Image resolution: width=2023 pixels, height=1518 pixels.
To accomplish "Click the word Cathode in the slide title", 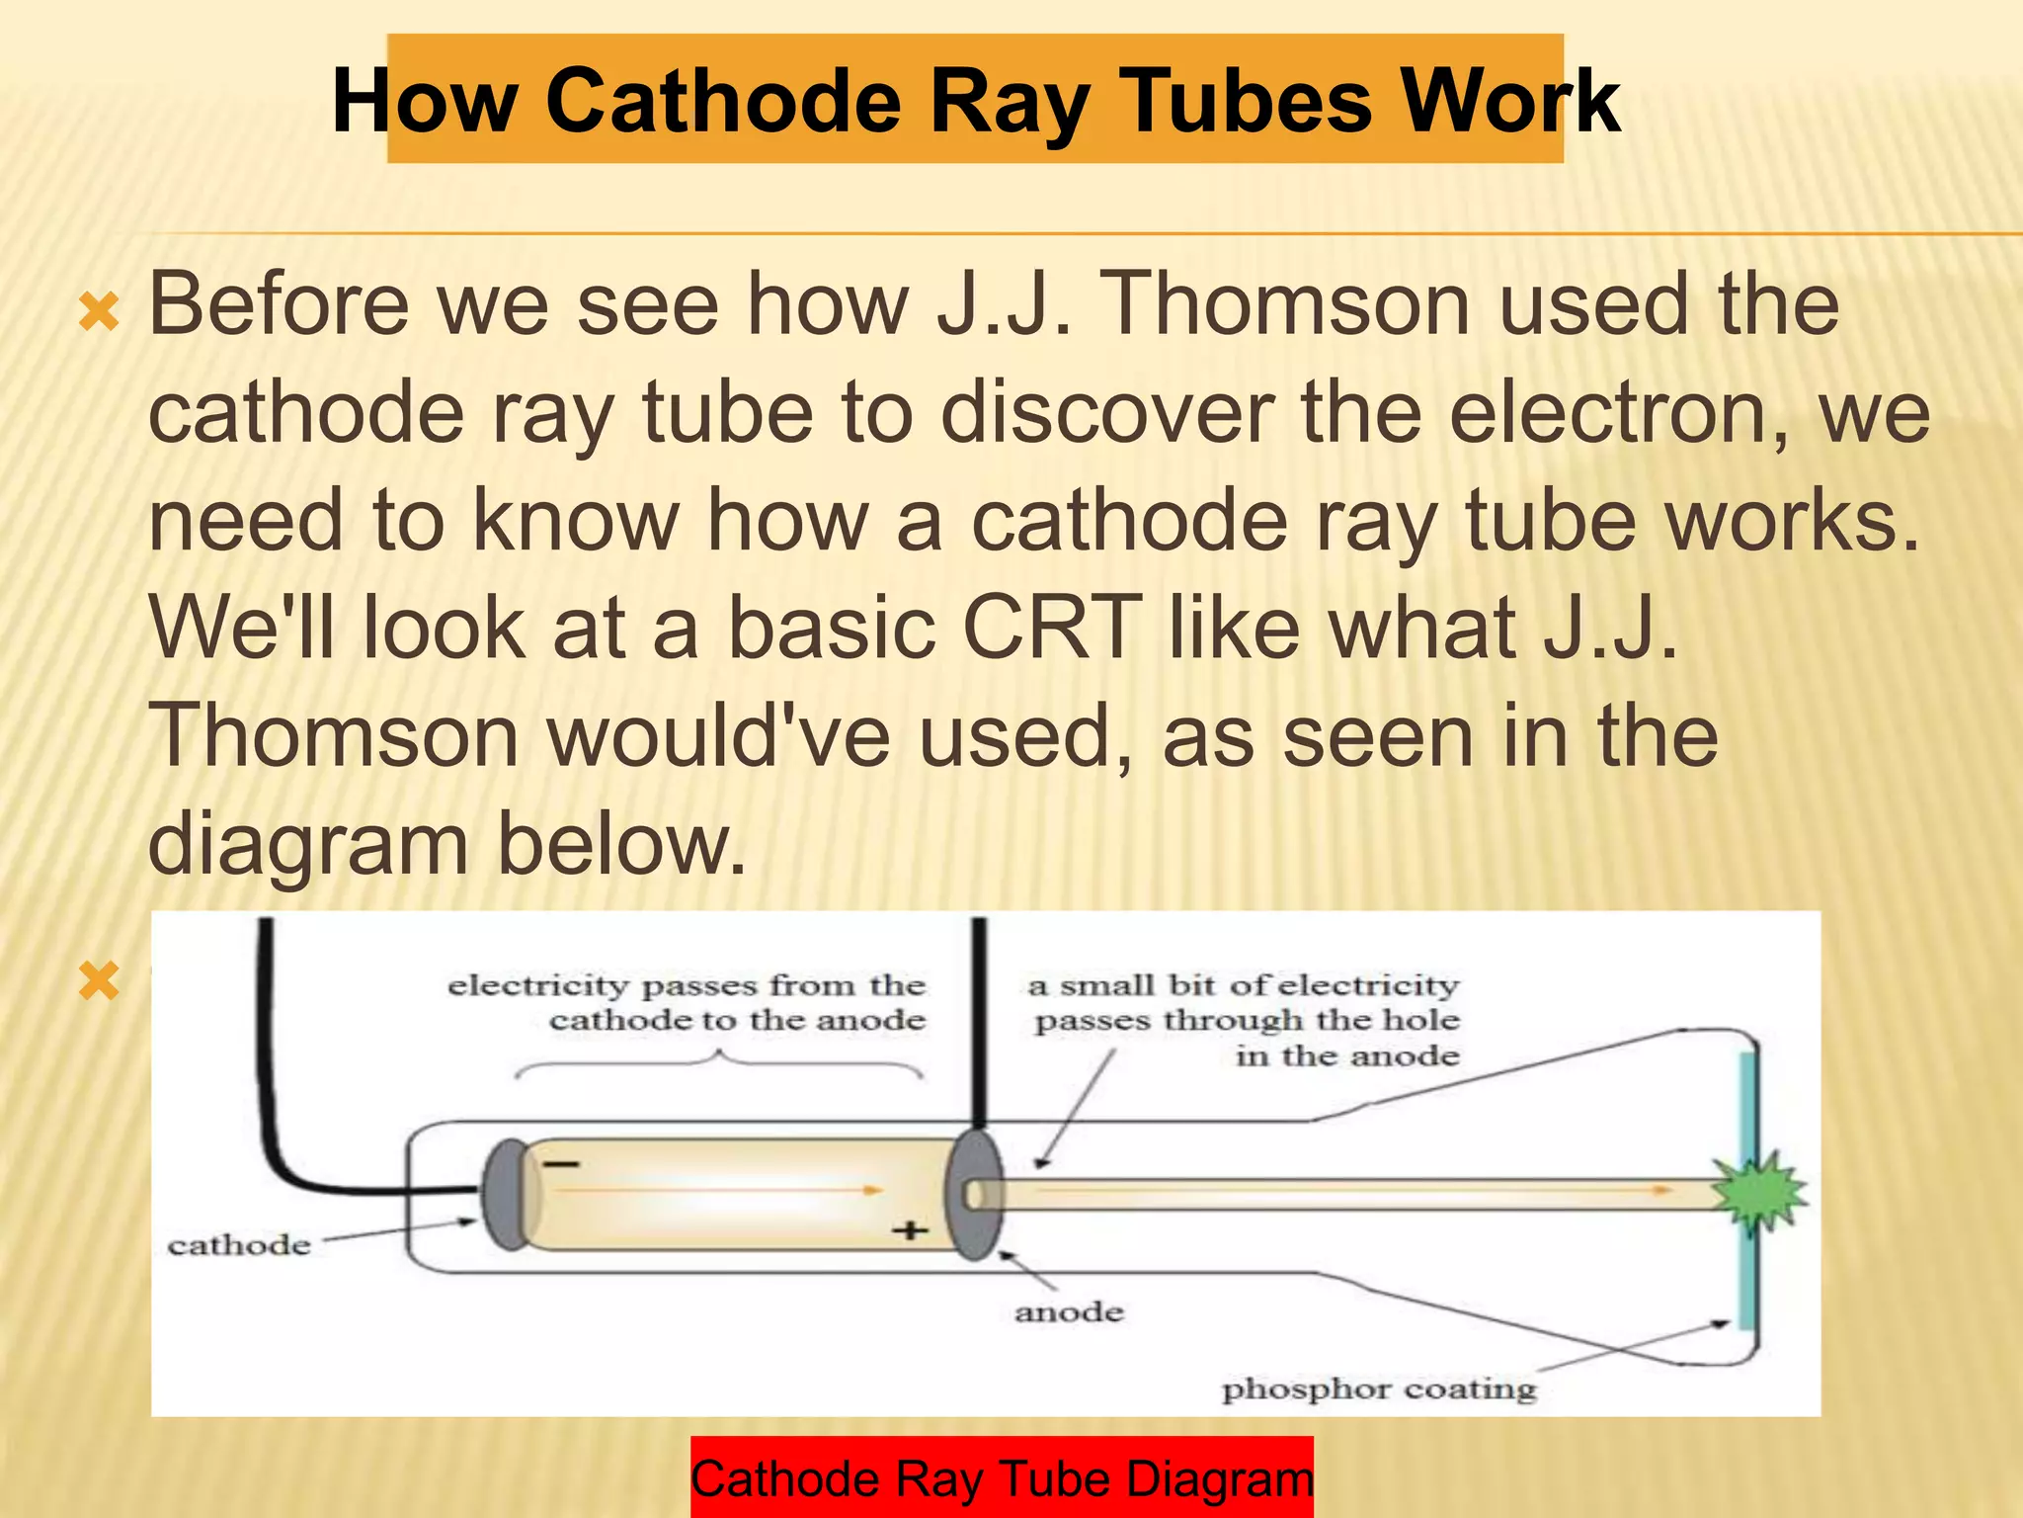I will pyautogui.click(x=723, y=102).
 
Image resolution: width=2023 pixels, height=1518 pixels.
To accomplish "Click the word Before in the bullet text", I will pyautogui.click(x=279, y=304).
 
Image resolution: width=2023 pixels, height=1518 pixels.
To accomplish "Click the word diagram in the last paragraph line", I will pyautogui.click(x=308, y=844).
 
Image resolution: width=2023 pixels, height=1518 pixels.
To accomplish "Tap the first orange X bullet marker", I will pyautogui.click(x=100, y=313).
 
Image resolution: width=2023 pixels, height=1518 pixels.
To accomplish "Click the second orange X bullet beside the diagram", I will pyautogui.click(x=100, y=982).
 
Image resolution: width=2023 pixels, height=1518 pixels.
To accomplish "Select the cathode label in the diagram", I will pyautogui.click(x=239, y=1245).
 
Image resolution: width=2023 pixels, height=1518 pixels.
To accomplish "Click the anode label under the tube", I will pyautogui.click(x=1069, y=1312).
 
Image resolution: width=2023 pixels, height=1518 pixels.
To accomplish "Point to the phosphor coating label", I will pyautogui.click(x=1379, y=1390).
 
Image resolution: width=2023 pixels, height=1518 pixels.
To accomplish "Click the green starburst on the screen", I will pyautogui.click(x=1760, y=1193).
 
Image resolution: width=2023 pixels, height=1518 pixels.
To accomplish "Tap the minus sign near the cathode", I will pyautogui.click(x=561, y=1164).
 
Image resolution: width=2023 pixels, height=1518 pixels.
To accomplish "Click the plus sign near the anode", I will pyautogui.click(x=910, y=1230).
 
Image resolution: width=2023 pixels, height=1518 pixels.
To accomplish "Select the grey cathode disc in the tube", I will pyautogui.click(x=506, y=1194).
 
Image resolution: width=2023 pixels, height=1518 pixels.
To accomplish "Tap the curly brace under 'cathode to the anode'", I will pyautogui.click(x=719, y=1063).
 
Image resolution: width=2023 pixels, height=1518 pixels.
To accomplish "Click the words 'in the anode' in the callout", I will pyautogui.click(x=1347, y=1056).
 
